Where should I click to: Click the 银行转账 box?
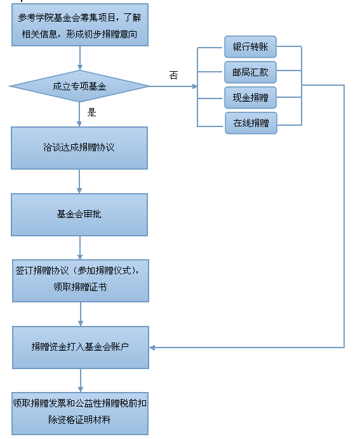tap(250, 47)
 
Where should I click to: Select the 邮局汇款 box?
tap(250, 72)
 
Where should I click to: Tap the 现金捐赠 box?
tap(250, 98)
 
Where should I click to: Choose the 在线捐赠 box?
tap(251, 123)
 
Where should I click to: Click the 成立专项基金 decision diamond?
tap(80, 86)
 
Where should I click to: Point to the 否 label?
tap(173, 75)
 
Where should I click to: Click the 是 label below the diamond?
tap(92, 112)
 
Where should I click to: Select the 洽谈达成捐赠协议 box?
tap(79, 148)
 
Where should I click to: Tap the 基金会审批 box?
tap(79, 215)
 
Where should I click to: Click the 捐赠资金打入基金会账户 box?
tap(81, 347)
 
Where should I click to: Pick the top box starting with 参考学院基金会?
tap(80, 25)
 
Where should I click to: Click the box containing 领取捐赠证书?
tap(81, 281)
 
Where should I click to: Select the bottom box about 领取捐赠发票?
tap(80, 414)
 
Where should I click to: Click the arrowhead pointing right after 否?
tap(195, 86)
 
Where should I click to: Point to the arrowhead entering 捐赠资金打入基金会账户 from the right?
tap(152, 348)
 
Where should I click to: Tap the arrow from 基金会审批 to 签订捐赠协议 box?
tap(80, 248)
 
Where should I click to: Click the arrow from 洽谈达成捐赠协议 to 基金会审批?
tap(79, 181)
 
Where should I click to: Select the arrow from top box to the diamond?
tap(80, 58)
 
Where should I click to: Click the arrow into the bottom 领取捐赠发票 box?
tap(81, 380)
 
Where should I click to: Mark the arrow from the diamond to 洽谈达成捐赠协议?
tap(79, 114)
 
